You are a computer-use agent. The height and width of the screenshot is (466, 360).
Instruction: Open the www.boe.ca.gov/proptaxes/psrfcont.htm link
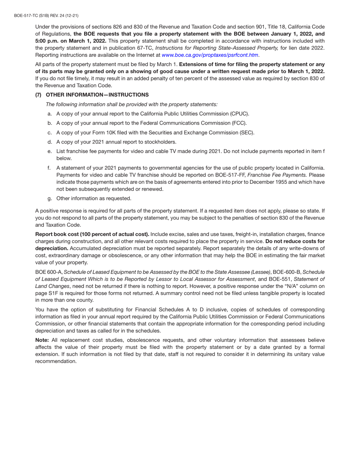pos(210,55)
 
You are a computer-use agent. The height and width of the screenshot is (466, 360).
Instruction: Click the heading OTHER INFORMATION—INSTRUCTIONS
pos(97,95)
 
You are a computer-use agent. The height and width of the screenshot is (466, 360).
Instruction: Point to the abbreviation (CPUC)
pos(239,114)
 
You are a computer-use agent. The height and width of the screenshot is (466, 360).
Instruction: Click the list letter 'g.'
pos(50,198)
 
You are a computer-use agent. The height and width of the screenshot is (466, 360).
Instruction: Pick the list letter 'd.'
pos(50,142)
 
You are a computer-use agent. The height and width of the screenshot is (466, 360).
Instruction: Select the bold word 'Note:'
pos(42,340)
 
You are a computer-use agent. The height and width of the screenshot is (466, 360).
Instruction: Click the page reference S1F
pos(59,293)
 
